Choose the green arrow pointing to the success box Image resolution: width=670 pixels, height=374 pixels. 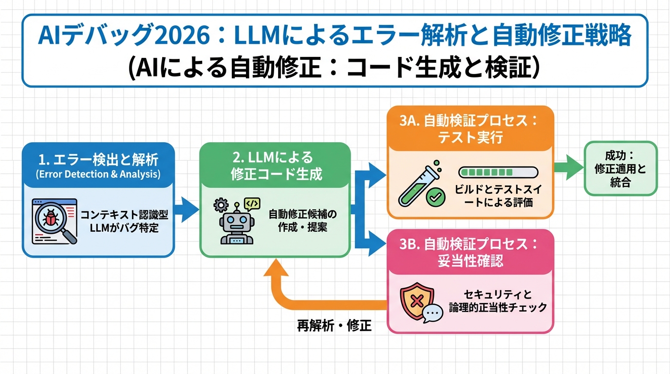point(568,168)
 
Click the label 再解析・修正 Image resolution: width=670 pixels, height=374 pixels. point(334,326)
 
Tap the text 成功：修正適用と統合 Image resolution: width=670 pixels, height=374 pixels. point(620,169)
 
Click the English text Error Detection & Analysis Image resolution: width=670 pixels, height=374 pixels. point(98,174)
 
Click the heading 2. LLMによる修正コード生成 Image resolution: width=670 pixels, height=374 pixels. point(276,166)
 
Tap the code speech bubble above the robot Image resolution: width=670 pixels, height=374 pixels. point(252,204)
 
